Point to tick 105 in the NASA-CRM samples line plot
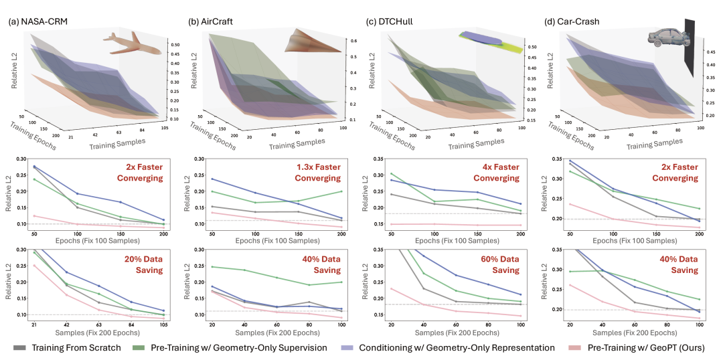pos(163,324)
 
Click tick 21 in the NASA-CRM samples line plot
pos(33,324)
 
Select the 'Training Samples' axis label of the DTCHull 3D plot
pos(475,144)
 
